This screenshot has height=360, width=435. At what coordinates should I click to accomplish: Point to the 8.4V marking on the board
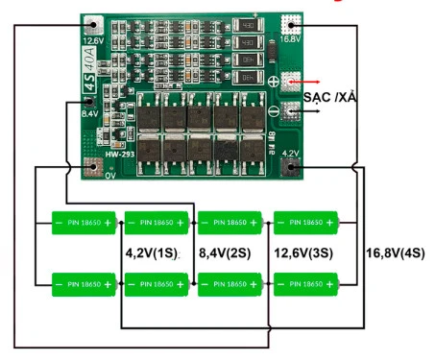pyautogui.click(x=89, y=114)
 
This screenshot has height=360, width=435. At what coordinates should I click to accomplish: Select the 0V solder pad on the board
pyautogui.click(x=94, y=165)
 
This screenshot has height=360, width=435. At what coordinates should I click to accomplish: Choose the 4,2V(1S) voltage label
pyautogui.click(x=151, y=253)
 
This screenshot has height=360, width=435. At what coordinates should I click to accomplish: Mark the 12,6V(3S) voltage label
pyautogui.click(x=302, y=254)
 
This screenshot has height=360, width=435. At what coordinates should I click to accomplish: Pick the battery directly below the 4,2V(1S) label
pyautogui.click(x=158, y=284)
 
